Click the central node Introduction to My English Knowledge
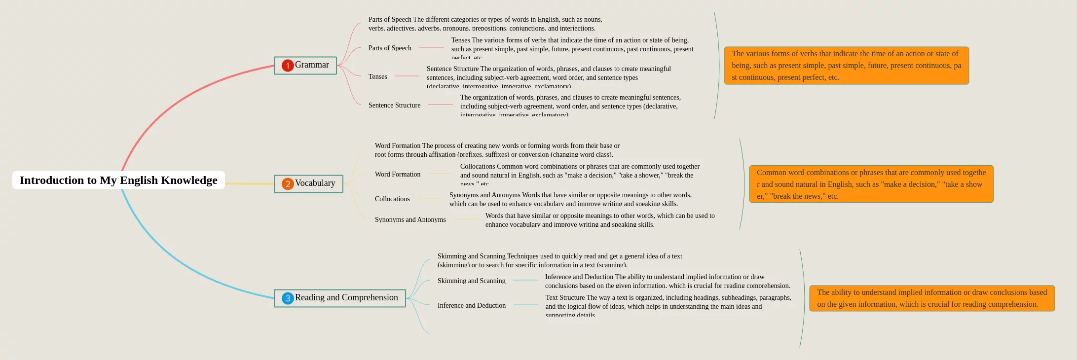click(x=118, y=180)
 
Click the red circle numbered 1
click(x=288, y=66)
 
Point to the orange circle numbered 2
click(x=288, y=184)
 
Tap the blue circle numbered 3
click(x=288, y=298)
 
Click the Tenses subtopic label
click(x=377, y=76)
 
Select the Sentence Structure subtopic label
click(x=394, y=105)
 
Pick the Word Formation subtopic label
click(x=397, y=174)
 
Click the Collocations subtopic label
click(x=392, y=199)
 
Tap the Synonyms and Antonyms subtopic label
click(x=410, y=219)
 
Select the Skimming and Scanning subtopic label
click(x=471, y=281)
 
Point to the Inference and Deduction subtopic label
click(x=471, y=305)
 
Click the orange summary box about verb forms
click(x=846, y=66)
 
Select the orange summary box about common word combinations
click(x=871, y=184)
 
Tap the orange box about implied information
click(x=931, y=298)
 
